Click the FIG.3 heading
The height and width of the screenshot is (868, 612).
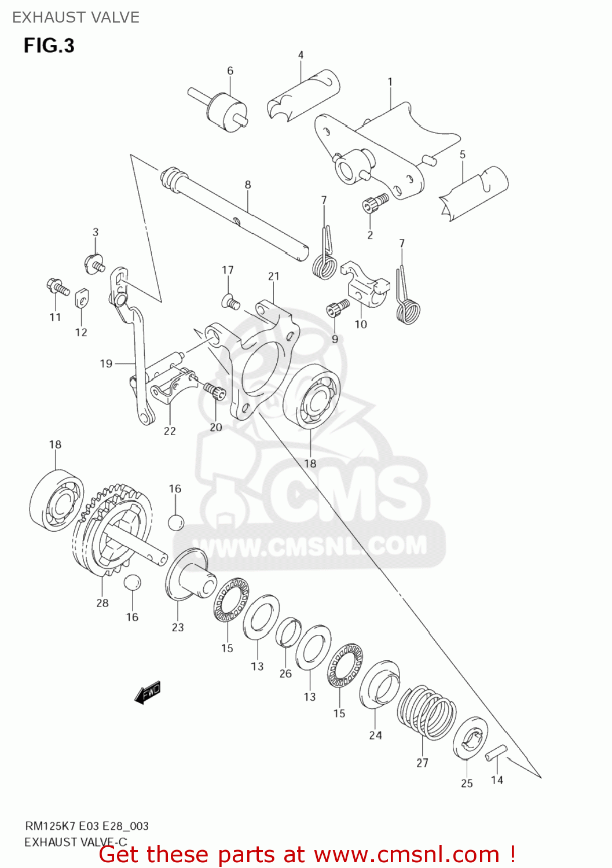coord(49,46)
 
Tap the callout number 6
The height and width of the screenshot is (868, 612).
coord(230,71)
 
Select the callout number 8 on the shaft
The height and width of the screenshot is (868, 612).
coord(248,185)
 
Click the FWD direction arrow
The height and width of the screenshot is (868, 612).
coord(148,692)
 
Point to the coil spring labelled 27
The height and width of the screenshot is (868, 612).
coord(427,712)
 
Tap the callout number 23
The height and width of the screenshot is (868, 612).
coord(178,627)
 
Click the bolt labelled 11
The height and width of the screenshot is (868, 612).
coord(57,286)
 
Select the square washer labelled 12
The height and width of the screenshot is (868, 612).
coord(81,299)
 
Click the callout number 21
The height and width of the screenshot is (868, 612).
coord(274,277)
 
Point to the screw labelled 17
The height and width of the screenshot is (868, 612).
coord(230,301)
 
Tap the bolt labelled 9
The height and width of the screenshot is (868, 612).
coord(337,308)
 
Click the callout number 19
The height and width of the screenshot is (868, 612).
coord(106,363)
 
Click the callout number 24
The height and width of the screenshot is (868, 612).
coord(375,735)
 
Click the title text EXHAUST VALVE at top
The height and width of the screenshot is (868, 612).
coord(76,17)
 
